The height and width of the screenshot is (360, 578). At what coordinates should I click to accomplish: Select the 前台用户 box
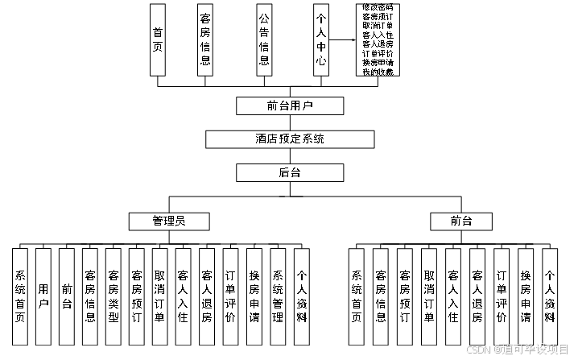(289, 106)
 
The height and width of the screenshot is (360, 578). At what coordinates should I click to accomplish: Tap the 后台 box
(289, 172)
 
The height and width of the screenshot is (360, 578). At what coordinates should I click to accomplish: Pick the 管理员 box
(170, 220)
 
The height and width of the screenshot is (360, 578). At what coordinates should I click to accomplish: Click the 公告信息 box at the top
(263, 40)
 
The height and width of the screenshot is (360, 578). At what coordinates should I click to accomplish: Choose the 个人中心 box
(321, 40)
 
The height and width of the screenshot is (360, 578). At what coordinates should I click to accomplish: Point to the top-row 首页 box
(157, 40)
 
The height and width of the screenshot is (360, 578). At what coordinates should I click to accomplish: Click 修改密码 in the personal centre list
(378, 7)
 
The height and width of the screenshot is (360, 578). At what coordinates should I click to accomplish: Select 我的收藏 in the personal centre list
(378, 72)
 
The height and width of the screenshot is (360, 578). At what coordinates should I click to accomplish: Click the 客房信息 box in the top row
(205, 40)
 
